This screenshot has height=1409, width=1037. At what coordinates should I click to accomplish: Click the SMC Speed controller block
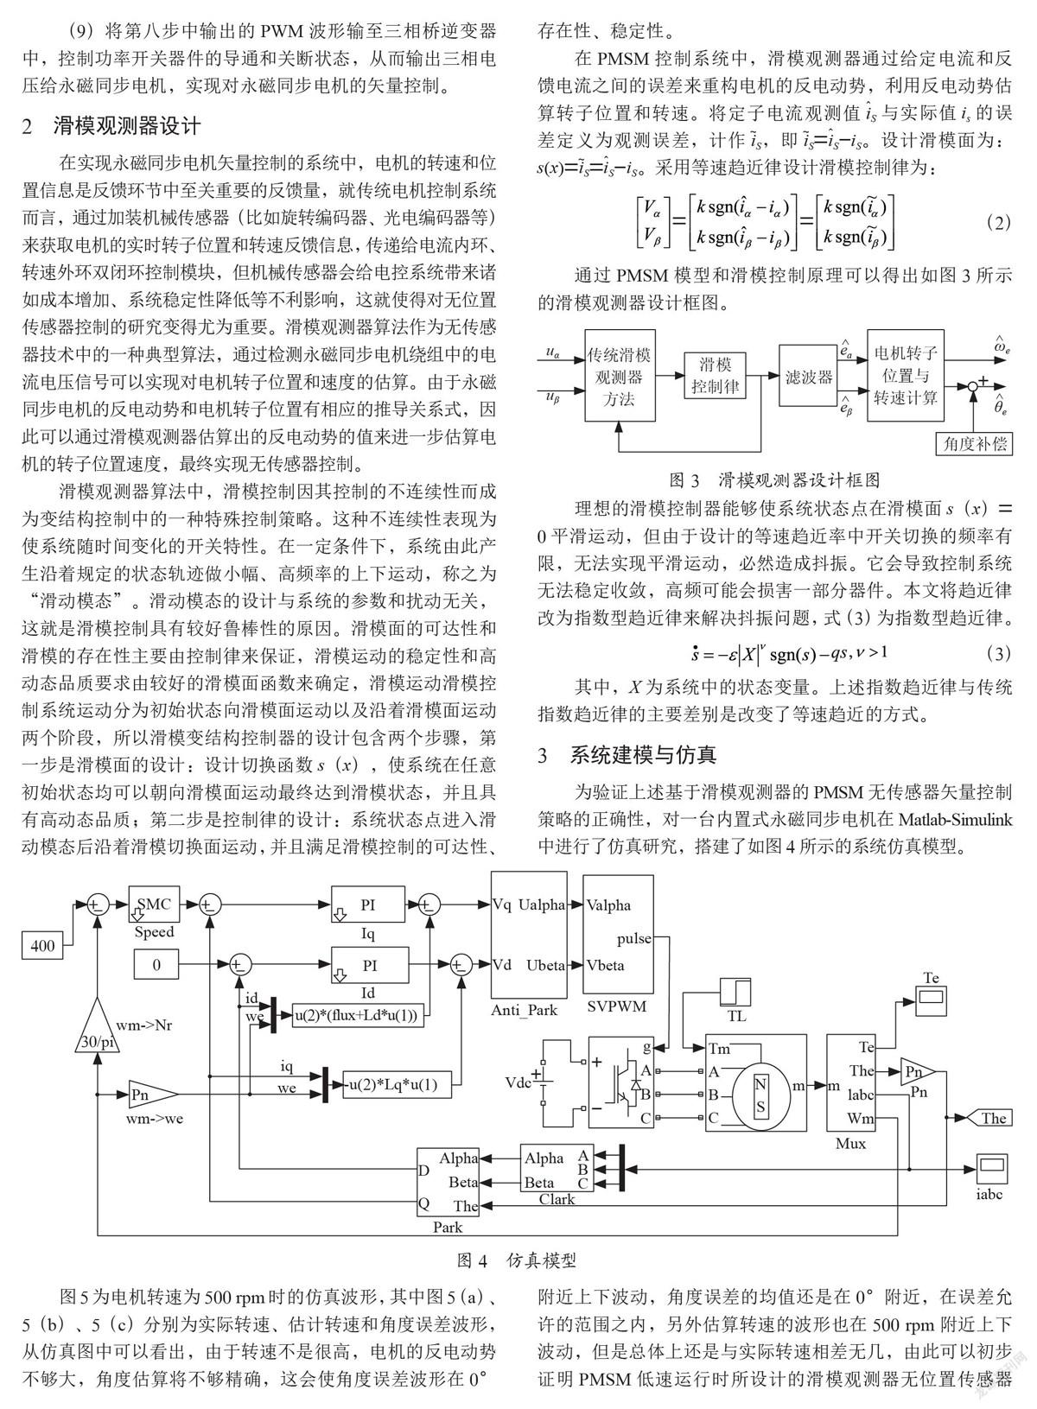point(154,904)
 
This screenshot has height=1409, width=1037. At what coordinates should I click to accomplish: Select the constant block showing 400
point(43,945)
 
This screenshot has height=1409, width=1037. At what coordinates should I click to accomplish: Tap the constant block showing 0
point(156,964)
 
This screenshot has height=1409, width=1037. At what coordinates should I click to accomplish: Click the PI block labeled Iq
point(368,904)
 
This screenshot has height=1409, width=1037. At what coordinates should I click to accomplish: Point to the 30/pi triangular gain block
point(98,1024)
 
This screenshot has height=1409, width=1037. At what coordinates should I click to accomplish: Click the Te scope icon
point(931,1000)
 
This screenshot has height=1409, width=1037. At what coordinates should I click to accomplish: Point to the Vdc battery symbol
point(540,1082)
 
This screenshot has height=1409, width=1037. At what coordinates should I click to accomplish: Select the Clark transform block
point(557,1169)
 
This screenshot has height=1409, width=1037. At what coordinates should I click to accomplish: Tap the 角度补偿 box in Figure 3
point(975,443)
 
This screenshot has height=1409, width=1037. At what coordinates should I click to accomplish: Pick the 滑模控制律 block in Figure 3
point(716,376)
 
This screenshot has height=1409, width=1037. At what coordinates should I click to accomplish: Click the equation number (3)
point(998,654)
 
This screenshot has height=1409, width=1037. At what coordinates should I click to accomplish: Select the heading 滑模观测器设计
point(128,126)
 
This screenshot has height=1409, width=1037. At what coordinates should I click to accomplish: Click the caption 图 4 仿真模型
point(517,1260)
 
